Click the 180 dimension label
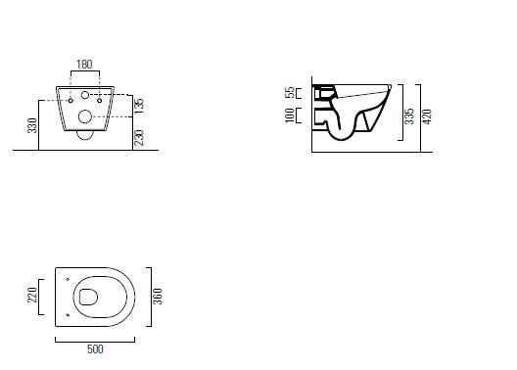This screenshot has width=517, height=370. pyautogui.click(x=84, y=65)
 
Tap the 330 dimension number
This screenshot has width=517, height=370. pyautogui.click(x=32, y=125)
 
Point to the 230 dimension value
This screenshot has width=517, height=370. pyautogui.click(x=139, y=138)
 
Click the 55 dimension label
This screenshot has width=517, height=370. pyautogui.click(x=290, y=93)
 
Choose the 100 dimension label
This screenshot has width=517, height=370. pyautogui.click(x=290, y=116)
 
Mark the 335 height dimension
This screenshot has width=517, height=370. pyautogui.click(x=409, y=116)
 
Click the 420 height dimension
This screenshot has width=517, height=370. pyautogui.click(x=427, y=116)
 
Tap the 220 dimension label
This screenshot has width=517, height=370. pyautogui.click(x=32, y=295)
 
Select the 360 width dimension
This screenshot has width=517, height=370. pyautogui.click(x=158, y=297)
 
